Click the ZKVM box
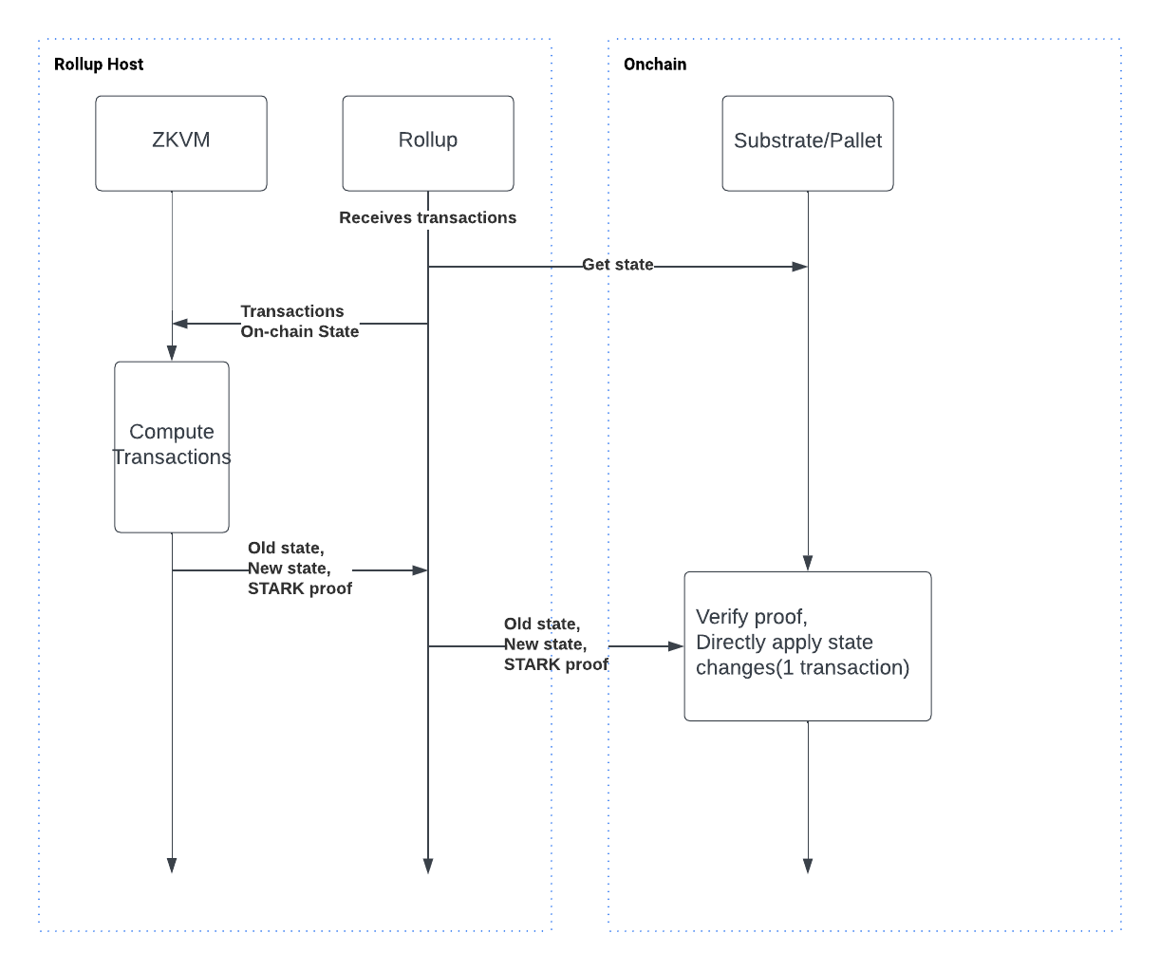180,142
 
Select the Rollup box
427,142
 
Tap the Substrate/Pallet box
807,142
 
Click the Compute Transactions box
172,446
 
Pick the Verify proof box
807,645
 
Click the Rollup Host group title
99,65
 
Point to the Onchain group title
655,65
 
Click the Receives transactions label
427,217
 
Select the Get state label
617,265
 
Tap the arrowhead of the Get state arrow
799,267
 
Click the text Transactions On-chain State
299,321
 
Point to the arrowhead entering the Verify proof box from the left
676,646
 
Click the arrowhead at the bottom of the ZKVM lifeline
172,865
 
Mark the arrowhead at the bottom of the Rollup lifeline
428,865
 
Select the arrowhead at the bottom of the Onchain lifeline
808,865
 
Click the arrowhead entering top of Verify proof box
808,563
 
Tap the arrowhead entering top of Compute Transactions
172,353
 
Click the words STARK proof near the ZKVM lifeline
299,588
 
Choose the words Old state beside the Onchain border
541,624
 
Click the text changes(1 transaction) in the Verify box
802,667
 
